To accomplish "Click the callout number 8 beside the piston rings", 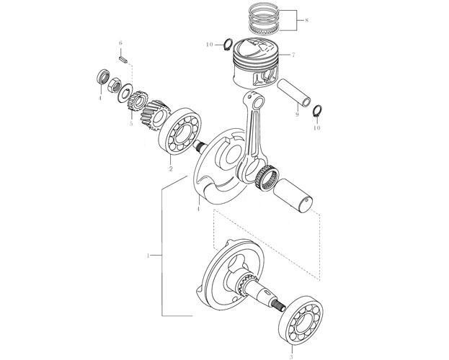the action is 306,20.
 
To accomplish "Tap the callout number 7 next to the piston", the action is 293,55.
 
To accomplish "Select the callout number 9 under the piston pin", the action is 297,114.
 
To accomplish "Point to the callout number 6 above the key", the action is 120,43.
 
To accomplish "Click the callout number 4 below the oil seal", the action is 100,98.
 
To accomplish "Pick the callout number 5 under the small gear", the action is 131,124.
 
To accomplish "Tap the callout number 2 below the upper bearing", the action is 171,168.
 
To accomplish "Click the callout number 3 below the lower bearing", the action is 291,356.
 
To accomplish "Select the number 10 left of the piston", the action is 210,45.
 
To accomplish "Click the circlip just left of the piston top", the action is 228,45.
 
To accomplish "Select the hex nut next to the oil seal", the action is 113,85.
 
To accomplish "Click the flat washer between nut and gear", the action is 125,93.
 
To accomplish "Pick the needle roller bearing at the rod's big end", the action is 267,178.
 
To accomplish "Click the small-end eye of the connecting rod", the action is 258,101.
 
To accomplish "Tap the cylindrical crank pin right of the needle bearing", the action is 293,196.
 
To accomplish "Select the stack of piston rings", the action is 264,18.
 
